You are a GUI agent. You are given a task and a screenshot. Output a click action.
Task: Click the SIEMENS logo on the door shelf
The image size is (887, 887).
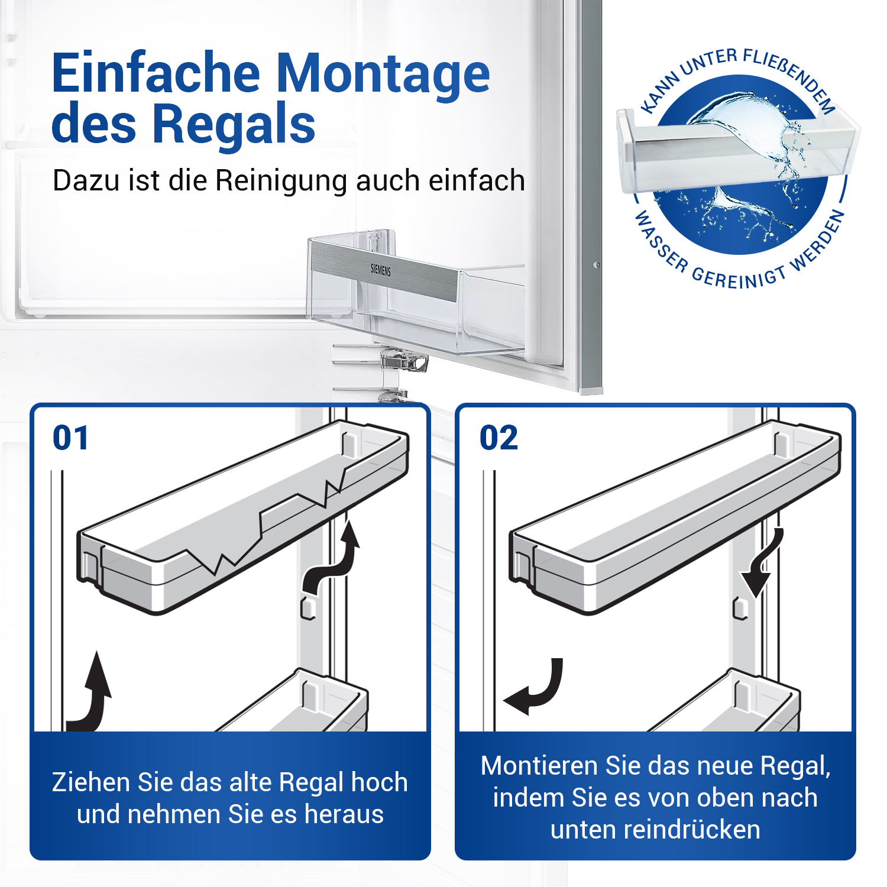click(380, 270)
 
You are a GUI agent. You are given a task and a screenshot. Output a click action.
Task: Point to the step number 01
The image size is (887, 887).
click(71, 438)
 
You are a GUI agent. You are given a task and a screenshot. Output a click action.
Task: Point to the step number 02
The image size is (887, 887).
click(498, 438)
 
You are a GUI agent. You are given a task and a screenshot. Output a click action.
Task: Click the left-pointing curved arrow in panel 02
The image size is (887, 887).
click(535, 689)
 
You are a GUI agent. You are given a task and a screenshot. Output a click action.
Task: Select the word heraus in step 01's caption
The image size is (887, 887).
click(344, 814)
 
